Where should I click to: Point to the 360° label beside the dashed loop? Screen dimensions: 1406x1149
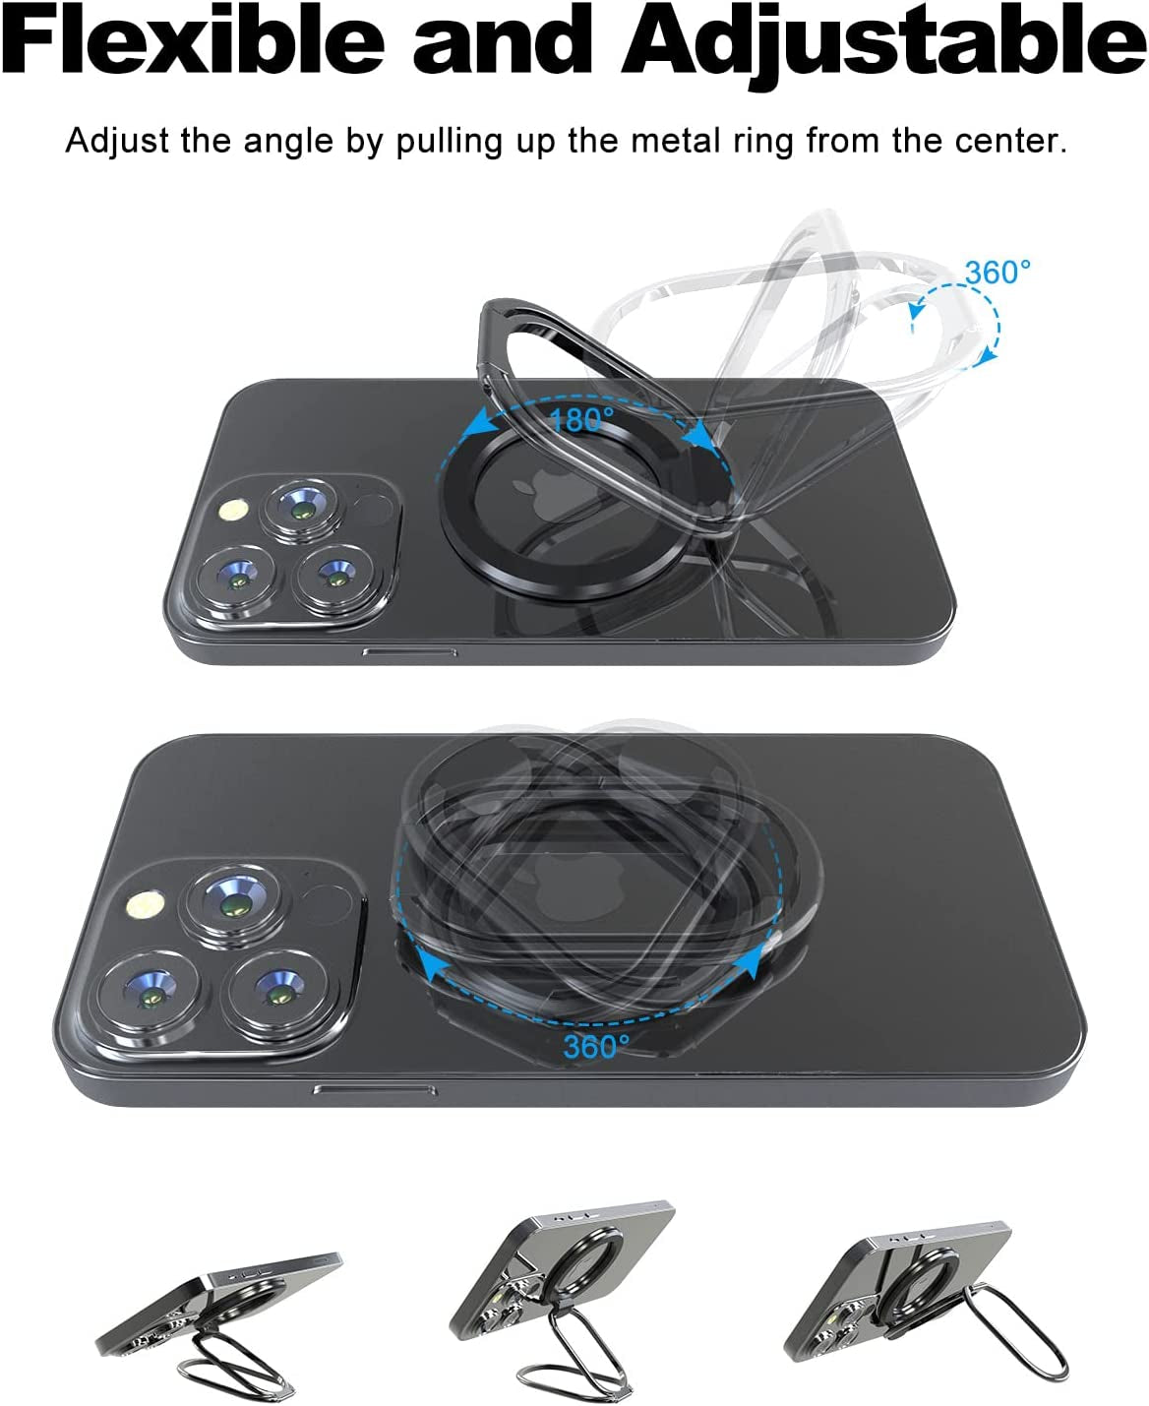998,273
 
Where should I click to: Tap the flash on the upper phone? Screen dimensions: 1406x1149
233,510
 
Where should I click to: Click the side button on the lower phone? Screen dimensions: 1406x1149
375,1089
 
